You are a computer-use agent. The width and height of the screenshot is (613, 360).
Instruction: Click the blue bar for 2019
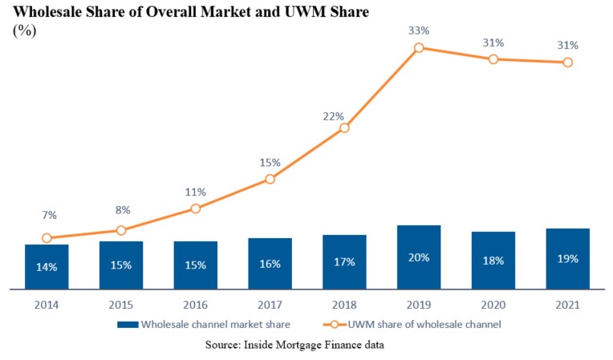pos(419,257)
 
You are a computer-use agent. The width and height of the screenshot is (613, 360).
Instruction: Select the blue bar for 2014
pos(47,266)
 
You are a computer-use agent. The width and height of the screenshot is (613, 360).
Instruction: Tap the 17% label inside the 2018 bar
pos(344,262)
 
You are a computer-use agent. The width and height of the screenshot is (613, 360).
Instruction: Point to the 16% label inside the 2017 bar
pos(270,264)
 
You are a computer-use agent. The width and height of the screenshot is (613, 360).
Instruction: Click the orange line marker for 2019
pos(419,48)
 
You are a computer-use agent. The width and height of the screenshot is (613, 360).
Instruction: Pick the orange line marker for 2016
pos(196,208)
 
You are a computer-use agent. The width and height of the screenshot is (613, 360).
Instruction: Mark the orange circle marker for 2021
pos(568,63)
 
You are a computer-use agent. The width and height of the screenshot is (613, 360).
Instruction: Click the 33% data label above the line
pos(419,30)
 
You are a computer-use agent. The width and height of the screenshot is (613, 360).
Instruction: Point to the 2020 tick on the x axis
pos(493,305)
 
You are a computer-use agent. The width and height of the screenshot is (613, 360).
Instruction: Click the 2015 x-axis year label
pos(121,305)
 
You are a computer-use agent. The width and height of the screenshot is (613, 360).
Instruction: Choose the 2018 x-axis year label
pos(344,305)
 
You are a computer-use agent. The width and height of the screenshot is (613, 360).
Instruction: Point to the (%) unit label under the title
pos(24,30)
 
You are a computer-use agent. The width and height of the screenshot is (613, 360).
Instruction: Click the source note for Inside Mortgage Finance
pos(306,346)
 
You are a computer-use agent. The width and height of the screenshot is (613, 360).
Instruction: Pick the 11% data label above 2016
pos(196,192)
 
